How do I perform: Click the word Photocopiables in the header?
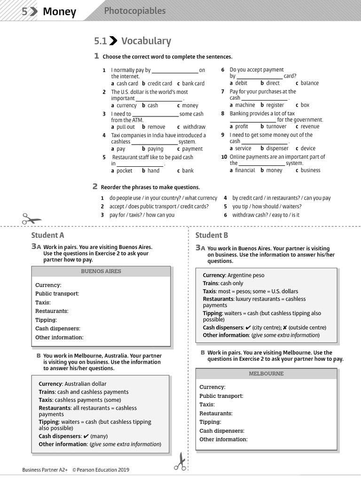(134, 10)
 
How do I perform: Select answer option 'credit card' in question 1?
(159, 83)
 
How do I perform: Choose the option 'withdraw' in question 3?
(194, 127)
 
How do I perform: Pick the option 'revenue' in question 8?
(310, 126)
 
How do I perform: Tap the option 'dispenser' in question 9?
(277, 148)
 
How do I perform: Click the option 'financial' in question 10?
(245, 171)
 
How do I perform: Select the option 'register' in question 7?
(275, 105)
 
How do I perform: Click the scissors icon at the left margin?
(31, 219)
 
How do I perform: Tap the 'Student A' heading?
(47, 235)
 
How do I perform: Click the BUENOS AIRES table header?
(101, 272)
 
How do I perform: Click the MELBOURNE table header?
(266, 374)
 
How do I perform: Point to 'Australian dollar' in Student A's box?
(86, 384)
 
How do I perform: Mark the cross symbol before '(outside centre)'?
(285, 327)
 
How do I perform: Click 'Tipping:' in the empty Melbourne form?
(210, 422)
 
